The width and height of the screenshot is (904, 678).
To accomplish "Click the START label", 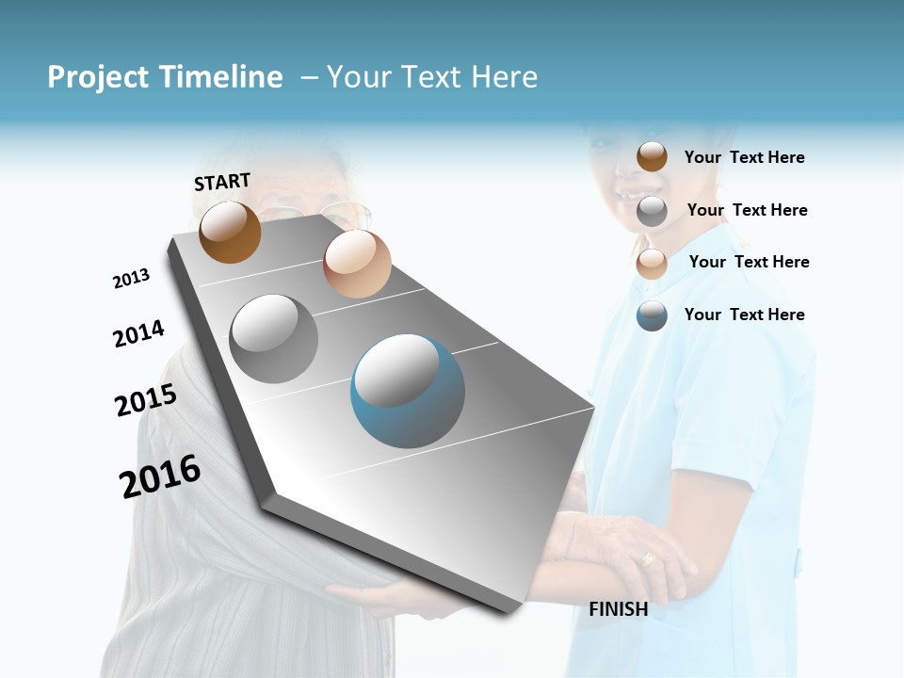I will (222, 182).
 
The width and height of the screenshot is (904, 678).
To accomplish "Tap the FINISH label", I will (618, 609).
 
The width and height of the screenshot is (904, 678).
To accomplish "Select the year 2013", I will (131, 279).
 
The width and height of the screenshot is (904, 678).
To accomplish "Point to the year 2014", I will (138, 333).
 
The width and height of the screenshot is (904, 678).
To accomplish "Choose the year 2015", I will (146, 400).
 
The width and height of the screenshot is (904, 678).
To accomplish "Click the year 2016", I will (160, 476).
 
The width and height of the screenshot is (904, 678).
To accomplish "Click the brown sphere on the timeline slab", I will (230, 232).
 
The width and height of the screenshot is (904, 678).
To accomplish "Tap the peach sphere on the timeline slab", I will (357, 264).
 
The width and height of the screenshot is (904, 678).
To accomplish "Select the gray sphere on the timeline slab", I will (274, 338).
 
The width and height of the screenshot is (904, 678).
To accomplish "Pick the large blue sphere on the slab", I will (408, 391).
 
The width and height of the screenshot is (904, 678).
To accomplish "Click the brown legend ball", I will (652, 156).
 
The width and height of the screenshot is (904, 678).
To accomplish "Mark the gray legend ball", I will (652, 211).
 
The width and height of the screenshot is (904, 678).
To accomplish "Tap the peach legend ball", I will (652, 264).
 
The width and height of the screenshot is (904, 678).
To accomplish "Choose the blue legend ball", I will (652, 315).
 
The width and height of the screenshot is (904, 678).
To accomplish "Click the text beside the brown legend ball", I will (744, 157).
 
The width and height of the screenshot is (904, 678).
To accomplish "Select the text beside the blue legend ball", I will (744, 315).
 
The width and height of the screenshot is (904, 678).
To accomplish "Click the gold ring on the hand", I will (648, 558).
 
